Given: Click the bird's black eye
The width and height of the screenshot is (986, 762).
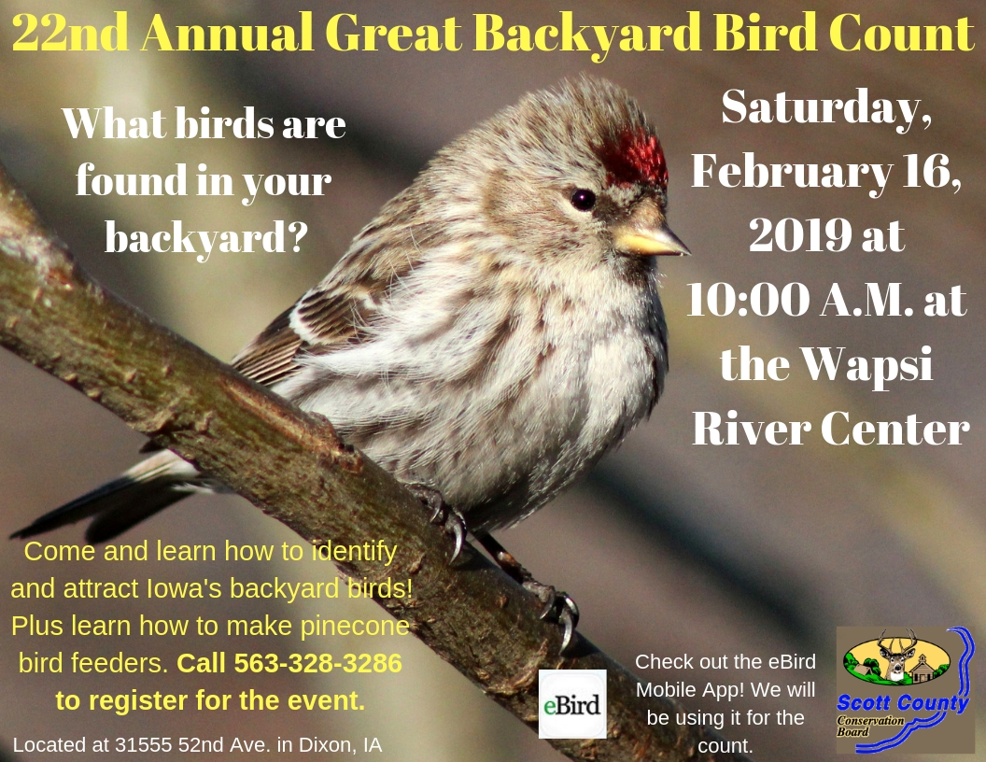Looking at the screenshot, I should point(583,199).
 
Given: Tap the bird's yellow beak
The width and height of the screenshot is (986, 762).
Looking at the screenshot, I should point(650,241).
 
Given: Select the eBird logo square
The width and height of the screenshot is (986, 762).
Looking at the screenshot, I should point(572,704).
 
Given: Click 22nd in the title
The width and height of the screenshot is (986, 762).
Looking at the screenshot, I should point(71,35).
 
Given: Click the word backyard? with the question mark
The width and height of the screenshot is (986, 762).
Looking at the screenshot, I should point(206,237).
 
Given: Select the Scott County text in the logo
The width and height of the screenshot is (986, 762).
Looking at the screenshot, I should point(902,703).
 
